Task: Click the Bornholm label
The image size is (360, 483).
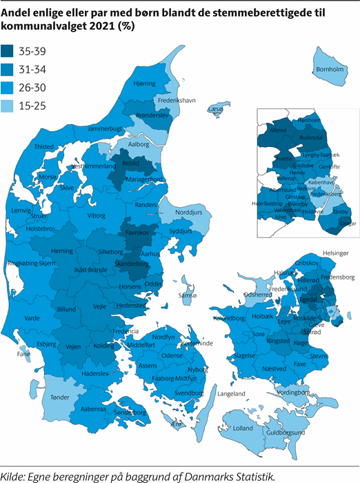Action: point(328,70)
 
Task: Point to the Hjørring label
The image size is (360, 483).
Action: point(145,83)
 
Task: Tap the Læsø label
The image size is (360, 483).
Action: point(216,110)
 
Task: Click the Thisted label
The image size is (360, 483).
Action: point(44,146)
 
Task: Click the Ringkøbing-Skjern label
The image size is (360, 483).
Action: point(30,262)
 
